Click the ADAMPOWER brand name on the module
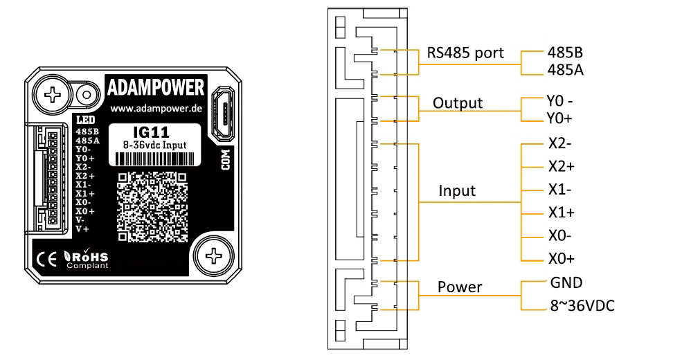click(x=156, y=88)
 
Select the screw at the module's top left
click(x=57, y=93)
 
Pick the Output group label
click(x=457, y=103)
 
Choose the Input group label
click(x=457, y=190)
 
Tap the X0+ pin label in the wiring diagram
click(x=560, y=259)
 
